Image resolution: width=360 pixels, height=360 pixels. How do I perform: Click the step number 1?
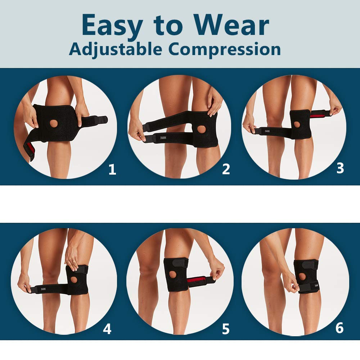(x=112, y=170)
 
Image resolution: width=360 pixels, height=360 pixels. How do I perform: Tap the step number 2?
(x=226, y=169)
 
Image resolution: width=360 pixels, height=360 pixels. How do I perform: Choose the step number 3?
(x=340, y=168)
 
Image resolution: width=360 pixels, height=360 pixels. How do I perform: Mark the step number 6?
(x=339, y=328)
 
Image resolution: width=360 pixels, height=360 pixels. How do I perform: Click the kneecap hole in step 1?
(x=54, y=123)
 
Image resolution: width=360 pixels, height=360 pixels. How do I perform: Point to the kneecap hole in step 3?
(x=298, y=125)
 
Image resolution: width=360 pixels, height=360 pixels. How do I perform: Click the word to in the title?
(x=167, y=26)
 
